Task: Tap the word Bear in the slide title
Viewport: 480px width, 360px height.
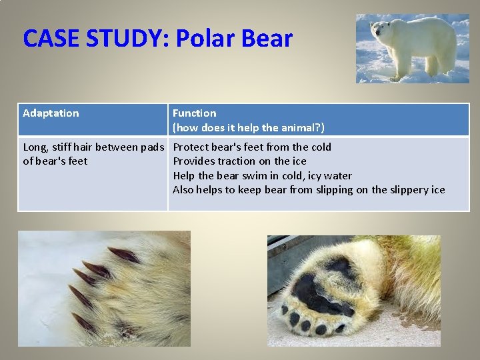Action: coord(267,39)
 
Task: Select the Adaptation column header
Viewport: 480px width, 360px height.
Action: coord(51,113)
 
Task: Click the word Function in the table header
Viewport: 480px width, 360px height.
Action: coord(195,113)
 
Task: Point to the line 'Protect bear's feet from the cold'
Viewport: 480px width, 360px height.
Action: coord(252,147)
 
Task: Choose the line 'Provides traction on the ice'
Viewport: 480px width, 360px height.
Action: coord(240,161)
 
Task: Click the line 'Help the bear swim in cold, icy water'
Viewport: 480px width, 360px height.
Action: coord(263,176)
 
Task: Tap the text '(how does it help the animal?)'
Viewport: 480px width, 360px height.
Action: coord(249,127)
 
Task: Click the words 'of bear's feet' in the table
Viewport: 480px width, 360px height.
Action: coord(55,161)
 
